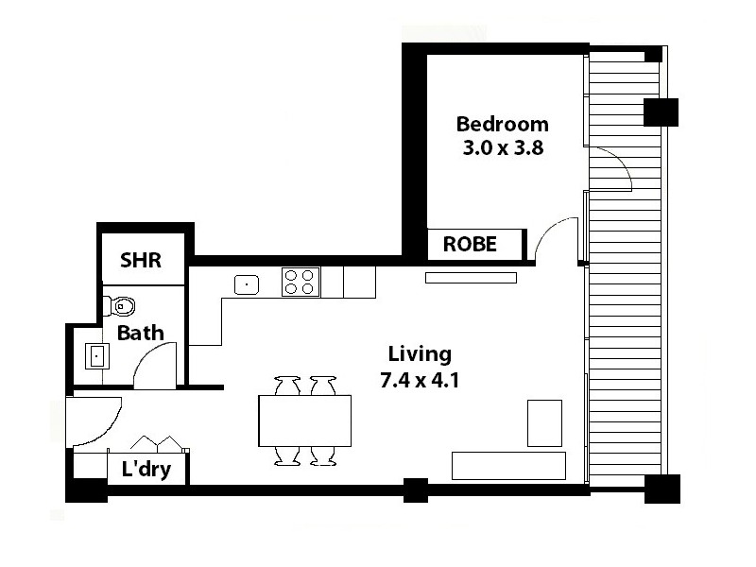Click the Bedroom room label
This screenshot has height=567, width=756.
(502, 124)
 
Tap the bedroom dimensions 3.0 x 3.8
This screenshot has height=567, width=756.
(502, 147)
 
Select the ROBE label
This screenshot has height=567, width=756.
(470, 244)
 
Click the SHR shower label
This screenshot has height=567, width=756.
(141, 261)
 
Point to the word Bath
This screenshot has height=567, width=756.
(140, 333)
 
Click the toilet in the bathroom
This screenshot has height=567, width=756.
(119, 304)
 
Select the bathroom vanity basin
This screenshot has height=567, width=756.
(96, 356)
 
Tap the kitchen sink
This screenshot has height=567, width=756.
(247, 283)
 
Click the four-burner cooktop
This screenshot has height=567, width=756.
(300, 283)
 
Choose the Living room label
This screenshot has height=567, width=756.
(420, 354)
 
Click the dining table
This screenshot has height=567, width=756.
(304, 421)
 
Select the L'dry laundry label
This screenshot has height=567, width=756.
(146, 469)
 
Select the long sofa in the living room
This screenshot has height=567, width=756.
(508, 465)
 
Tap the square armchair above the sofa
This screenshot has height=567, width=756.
(544, 422)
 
